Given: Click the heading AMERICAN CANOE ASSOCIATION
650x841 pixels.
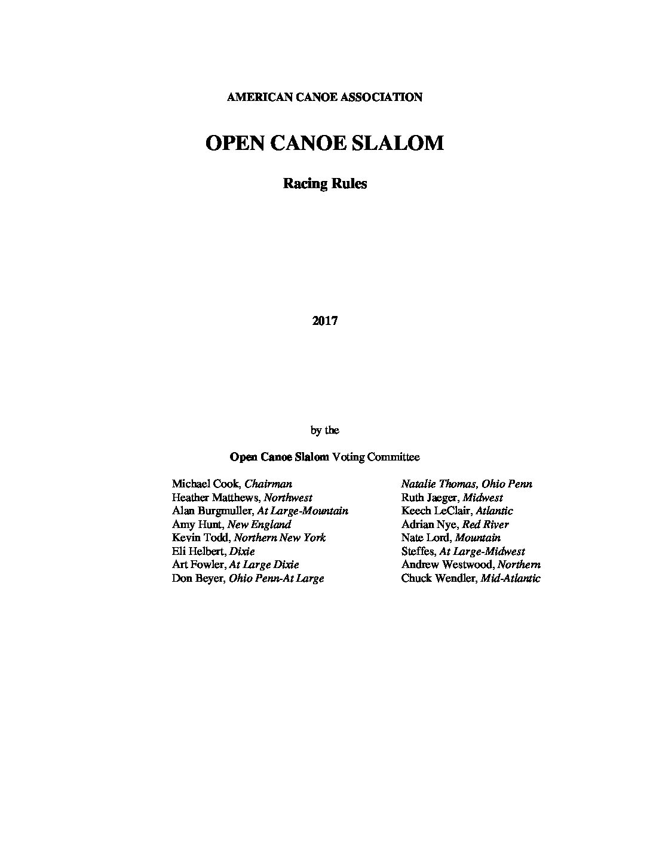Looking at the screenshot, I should [324, 97].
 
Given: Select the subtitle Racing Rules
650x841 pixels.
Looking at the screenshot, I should [324, 183].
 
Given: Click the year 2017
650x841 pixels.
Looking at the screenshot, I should [324, 321].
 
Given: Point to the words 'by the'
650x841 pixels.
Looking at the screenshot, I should [324, 430].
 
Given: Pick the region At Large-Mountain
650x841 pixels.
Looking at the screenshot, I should [302, 511].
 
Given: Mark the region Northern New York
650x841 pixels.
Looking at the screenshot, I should [280, 538].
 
